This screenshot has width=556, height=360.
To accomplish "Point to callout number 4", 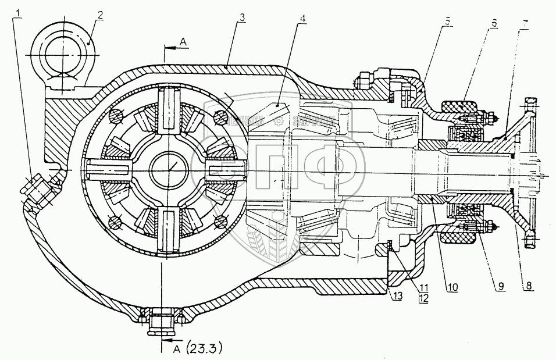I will [302, 18].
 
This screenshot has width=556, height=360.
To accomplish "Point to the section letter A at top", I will [183, 42].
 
